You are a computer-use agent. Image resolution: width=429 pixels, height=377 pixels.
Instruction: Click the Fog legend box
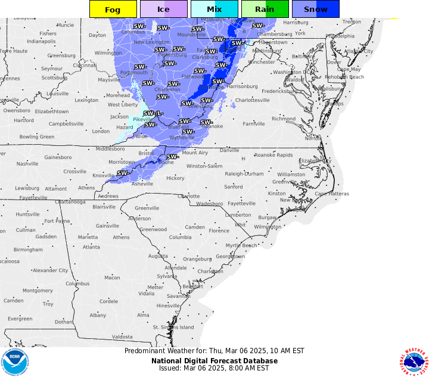click(113, 9)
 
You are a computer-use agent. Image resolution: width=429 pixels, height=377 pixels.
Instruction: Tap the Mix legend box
click(214, 9)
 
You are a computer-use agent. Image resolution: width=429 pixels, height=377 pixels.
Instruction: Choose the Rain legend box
click(265, 9)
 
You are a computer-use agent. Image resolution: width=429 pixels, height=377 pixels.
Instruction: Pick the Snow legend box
click(315, 9)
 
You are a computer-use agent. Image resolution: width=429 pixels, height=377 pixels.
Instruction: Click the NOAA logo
click(14, 362)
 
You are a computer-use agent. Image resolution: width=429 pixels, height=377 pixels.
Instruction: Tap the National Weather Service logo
click(415, 362)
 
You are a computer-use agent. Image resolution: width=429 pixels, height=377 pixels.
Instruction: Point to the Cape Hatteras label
click(331, 194)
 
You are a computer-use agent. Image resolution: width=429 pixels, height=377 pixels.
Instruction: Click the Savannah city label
click(178, 296)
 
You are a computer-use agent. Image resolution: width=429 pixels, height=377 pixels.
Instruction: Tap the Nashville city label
click(27, 164)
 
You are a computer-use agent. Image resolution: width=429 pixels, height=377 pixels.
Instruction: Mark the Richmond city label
click(283, 119)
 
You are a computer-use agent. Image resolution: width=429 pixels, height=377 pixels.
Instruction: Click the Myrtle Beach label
click(241, 245)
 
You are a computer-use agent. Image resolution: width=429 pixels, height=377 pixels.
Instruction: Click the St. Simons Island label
click(173, 327)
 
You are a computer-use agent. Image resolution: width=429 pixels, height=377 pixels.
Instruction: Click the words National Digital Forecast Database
click(214, 360)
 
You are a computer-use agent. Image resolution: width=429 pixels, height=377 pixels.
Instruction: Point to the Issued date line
click(214, 368)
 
